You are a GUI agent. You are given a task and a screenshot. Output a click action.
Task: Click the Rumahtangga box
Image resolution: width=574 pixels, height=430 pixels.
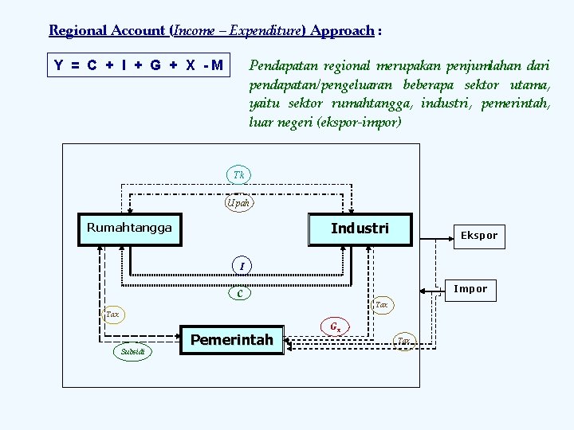129,229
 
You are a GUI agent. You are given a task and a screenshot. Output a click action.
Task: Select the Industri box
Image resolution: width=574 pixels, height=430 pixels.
360,229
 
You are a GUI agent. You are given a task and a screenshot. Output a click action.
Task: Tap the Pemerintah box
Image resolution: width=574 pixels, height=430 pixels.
231,341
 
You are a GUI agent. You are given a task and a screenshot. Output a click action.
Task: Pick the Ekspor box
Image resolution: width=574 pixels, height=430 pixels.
478,236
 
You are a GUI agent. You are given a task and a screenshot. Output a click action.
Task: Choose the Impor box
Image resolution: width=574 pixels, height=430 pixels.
470,289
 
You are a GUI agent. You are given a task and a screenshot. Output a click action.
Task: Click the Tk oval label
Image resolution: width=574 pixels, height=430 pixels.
238,174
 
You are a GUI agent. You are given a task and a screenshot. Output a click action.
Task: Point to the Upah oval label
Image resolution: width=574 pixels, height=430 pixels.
238,203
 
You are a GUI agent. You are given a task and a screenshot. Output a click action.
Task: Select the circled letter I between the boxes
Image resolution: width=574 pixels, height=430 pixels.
241,265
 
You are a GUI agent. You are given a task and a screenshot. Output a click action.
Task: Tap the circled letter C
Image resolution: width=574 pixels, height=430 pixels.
238,294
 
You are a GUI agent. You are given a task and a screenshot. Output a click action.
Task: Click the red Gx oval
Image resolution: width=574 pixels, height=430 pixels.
336,326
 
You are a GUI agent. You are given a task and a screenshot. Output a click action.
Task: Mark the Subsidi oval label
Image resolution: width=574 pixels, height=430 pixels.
132,351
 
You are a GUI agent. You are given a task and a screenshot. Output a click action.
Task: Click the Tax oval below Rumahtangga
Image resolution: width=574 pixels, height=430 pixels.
112,315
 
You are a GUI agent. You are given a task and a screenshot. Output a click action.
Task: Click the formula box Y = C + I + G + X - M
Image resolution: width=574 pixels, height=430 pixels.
138,65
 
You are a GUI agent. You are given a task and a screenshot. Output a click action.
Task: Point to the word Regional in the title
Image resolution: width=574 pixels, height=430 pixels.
77,31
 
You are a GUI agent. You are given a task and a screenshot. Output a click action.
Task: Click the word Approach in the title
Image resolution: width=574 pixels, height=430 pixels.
342,31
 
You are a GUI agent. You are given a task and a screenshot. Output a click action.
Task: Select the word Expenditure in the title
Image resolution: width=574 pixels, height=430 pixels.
264,31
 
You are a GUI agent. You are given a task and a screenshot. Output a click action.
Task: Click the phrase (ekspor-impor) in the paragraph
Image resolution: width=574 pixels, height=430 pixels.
359,123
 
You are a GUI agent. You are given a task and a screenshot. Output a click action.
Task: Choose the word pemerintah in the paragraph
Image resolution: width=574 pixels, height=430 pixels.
516,104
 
